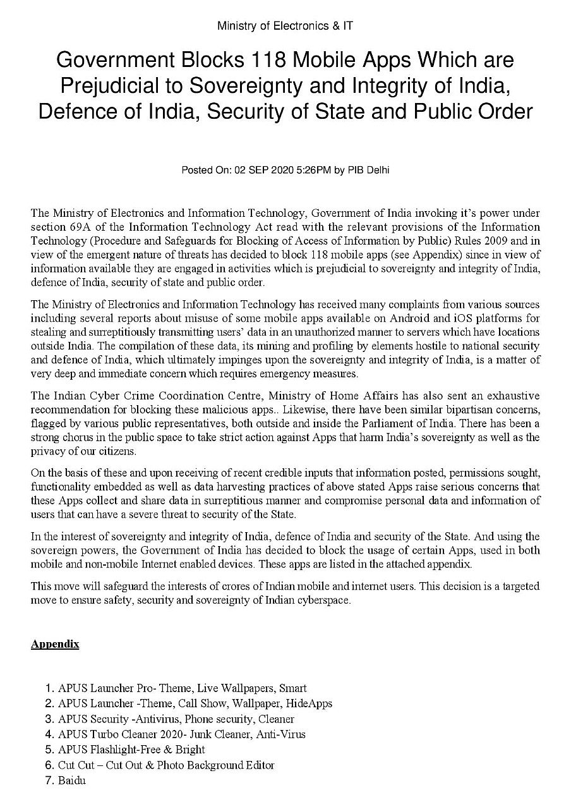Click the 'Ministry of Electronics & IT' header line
285,26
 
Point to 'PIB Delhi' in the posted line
369,171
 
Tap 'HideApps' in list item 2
309,703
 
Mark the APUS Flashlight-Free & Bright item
131,750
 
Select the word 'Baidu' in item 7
71,781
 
